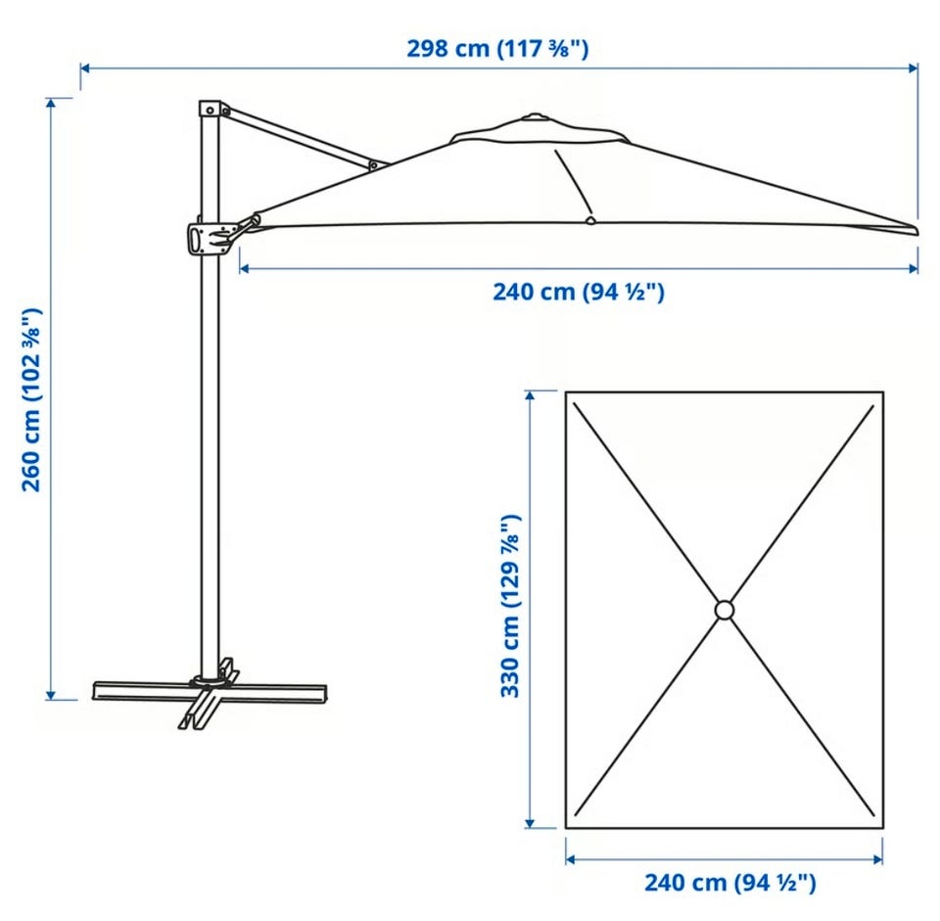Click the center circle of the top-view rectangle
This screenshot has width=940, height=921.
coord(725,610)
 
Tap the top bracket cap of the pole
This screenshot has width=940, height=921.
coord(210,109)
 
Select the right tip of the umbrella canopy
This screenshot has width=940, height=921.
coord(917,231)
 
